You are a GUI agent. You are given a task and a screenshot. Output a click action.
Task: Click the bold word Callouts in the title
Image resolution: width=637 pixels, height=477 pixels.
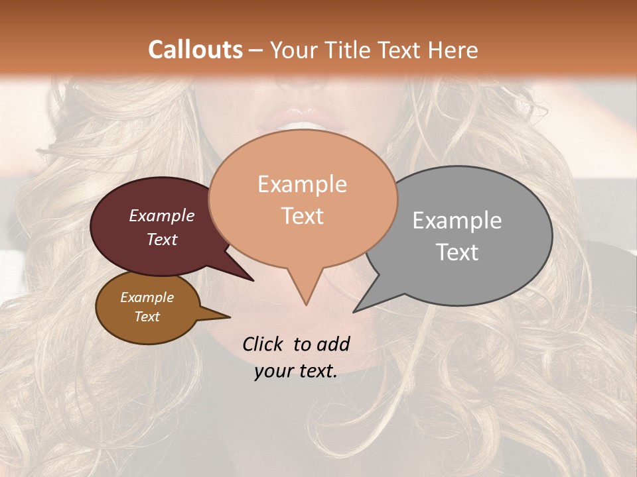point(195,50)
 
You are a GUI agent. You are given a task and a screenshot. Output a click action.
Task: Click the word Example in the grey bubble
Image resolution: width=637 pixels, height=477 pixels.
point(457,221)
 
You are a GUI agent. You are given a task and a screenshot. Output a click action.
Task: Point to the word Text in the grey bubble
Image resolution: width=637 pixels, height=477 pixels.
point(457,252)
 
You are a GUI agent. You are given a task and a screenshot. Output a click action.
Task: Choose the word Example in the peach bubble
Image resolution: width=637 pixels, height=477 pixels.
point(302,184)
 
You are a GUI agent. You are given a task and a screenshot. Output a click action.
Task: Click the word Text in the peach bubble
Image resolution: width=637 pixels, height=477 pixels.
point(302,216)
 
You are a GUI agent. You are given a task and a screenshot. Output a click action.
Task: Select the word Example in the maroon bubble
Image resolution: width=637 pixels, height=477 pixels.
point(162,215)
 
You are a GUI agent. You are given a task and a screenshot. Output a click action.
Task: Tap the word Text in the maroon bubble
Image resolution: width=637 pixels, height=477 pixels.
point(162,239)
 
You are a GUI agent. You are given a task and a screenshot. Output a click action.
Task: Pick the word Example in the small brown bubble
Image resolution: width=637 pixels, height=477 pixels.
point(147,297)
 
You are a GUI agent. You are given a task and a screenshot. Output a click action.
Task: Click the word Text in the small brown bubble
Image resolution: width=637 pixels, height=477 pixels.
point(147,317)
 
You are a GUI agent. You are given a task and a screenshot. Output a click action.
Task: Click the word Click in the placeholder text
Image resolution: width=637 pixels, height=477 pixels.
point(263,344)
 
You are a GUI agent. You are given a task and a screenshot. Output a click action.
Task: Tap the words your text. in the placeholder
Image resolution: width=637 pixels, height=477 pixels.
point(296,371)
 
